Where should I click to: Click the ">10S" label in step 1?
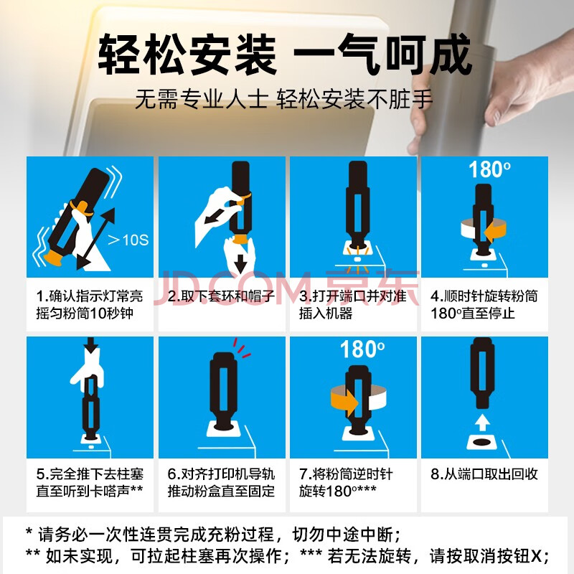[x=128, y=240]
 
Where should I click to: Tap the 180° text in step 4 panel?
[x=489, y=169]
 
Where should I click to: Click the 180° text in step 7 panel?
[x=362, y=349]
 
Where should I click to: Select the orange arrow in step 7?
[x=345, y=403]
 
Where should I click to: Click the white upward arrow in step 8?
[x=482, y=423]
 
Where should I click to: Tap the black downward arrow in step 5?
[x=91, y=345]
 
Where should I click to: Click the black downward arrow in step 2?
[x=240, y=263]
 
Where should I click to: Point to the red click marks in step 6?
[x=241, y=347]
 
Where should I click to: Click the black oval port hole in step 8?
[x=482, y=442]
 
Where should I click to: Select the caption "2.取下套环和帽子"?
[x=221, y=296]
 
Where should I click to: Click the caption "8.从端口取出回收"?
[x=484, y=474]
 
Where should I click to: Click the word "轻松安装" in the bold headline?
[x=187, y=55]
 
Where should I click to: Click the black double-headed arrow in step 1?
[x=96, y=239]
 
